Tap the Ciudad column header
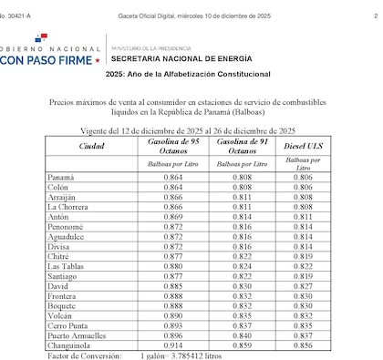[x=91, y=145]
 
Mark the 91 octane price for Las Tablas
[x=242, y=266]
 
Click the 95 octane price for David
[x=172, y=286]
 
